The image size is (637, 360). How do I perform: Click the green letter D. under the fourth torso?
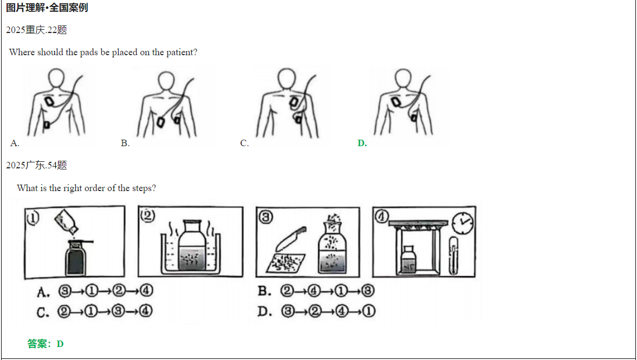(362, 143)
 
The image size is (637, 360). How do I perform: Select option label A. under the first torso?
(15, 143)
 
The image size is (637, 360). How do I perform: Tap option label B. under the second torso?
(125, 143)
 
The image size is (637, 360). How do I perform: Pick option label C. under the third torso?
(245, 143)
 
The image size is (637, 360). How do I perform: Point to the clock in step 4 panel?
(463, 222)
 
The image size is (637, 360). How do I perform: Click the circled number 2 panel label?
(147, 215)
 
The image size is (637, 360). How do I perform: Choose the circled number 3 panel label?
(265, 217)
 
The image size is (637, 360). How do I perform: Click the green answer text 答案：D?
(45, 344)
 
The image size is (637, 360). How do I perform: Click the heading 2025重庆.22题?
(37, 30)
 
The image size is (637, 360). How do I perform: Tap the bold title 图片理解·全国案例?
(47, 8)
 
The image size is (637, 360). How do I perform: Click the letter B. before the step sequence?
(264, 291)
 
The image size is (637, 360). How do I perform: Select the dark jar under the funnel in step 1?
(75, 259)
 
